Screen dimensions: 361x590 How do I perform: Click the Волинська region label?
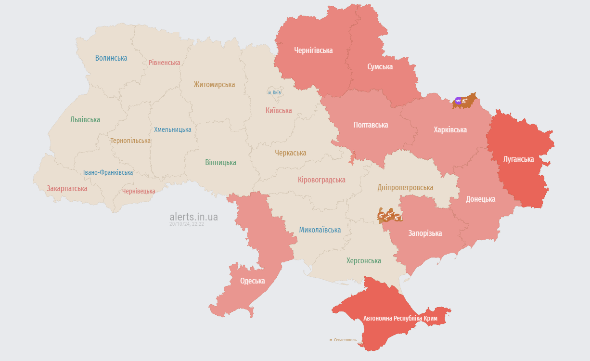[x=111, y=58]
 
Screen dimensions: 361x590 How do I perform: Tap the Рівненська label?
[x=164, y=63]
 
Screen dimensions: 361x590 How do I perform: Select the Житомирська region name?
[x=214, y=85]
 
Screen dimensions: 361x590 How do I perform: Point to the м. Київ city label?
[x=274, y=92]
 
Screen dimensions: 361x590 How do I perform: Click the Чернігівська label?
[x=313, y=50]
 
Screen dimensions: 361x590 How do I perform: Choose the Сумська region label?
[x=380, y=66]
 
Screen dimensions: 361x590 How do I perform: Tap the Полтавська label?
[x=371, y=125]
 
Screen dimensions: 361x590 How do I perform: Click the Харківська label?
[x=450, y=129]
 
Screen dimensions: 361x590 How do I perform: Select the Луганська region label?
[x=518, y=159]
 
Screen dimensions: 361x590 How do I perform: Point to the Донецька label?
[x=480, y=199]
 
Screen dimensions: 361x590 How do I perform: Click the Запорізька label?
[x=425, y=233]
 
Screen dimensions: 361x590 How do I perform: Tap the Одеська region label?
[x=252, y=281]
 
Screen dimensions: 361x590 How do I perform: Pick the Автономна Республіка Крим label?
[x=400, y=318]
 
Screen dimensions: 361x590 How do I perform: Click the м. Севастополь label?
[x=343, y=340]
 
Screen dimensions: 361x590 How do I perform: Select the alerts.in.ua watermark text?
[x=193, y=217]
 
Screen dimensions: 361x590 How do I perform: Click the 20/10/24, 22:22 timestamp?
[x=187, y=224]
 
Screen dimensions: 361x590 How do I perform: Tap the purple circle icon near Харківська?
[x=458, y=101]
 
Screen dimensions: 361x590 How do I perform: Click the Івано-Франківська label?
[x=108, y=172]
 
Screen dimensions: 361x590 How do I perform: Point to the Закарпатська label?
[x=67, y=188]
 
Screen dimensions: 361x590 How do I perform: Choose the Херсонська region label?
[x=363, y=260]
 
